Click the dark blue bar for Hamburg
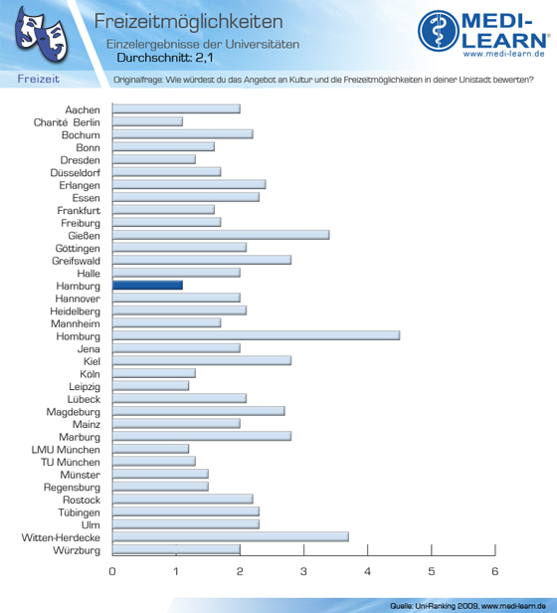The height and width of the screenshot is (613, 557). click(147, 286)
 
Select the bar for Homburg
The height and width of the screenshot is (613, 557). click(256, 335)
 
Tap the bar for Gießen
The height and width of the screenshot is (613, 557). click(221, 235)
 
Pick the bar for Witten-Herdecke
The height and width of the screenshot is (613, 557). click(231, 536)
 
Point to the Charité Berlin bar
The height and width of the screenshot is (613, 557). click(147, 121)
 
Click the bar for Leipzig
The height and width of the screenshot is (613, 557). click(150, 386)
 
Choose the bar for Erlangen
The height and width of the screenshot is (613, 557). click(189, 184)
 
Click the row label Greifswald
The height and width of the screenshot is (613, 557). click(76, 261)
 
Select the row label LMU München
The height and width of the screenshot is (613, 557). click(66, 450)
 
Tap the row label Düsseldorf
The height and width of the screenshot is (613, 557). click(75, 172)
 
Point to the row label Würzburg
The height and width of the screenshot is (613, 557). click(77, 550)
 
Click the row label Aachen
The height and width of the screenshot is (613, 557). click(83, 109)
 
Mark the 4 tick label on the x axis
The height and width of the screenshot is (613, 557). click(367, 571)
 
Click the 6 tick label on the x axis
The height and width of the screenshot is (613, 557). click(495, 571)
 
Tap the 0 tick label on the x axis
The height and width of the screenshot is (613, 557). click(112, 571)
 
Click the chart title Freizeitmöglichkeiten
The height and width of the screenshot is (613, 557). click(188, 21)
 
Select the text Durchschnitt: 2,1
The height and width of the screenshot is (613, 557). click(165, 58)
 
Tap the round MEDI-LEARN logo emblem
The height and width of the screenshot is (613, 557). click(439, 31)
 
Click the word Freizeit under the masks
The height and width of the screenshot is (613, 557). click(39, 79)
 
